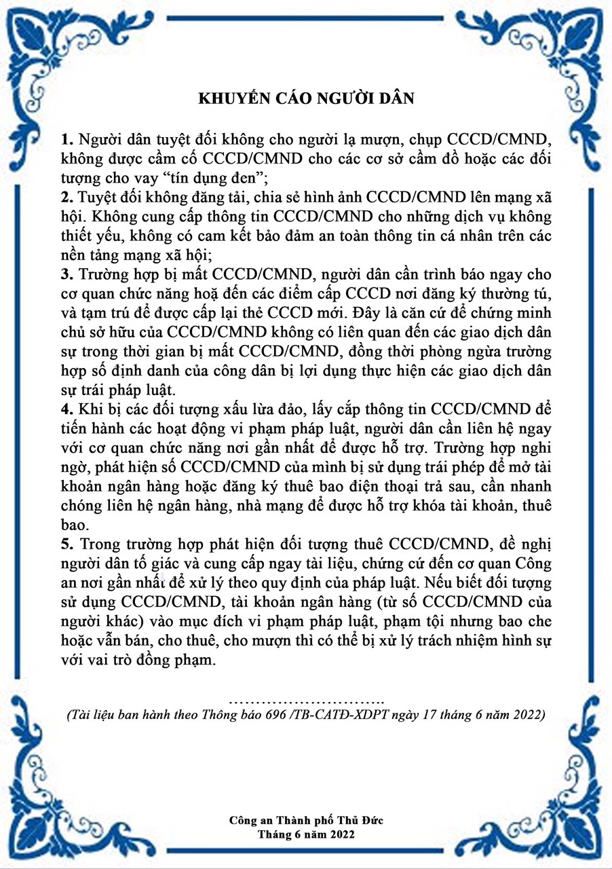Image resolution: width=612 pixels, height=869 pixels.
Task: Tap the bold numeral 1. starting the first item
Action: pyautogui.click(x=66, y=141)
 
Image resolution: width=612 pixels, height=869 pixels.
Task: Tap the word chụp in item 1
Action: pyautogui.click(x=389, y=141)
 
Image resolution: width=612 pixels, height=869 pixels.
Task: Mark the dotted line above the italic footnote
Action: pyautogui.click(x=306, y=700)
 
